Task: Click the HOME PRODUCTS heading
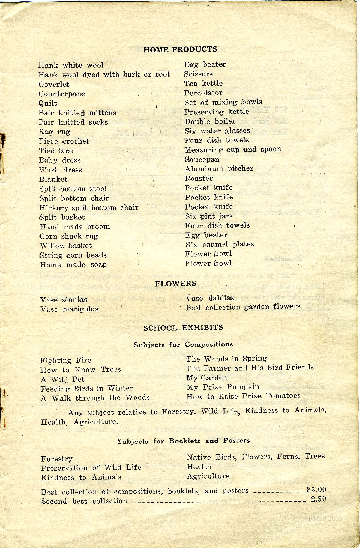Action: point(180,49)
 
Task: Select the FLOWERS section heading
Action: point(175,284)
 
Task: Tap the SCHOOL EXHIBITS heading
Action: point(183,327)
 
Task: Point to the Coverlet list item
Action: point(54,85)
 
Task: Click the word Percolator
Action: point(203,93)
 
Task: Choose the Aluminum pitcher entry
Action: point(219,169)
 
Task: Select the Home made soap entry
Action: point(73,265)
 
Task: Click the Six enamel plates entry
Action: point(220,245)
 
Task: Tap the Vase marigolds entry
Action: point(69,309)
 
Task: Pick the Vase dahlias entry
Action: point(210,298)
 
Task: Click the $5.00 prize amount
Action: point(316,490)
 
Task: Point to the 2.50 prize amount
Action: point(318,499)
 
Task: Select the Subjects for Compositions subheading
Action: point(183,344)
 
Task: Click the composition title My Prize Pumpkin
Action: point(223,387)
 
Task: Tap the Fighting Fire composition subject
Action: point(66,360)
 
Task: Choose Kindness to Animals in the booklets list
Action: point(81,477)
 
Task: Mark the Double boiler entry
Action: point(210,121)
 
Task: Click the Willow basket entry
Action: point(66,246)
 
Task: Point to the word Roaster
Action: point(199,178)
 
